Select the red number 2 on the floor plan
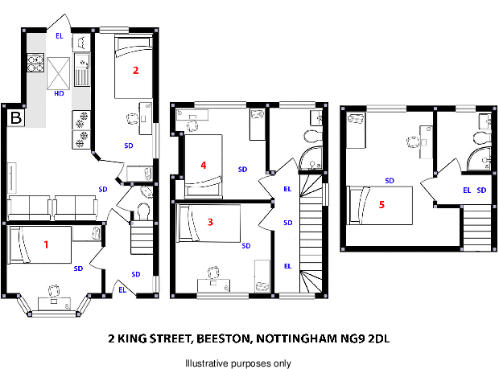click(x=136, y=71)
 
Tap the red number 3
click(x=210, y=222)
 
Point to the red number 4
click(x=204, y=166)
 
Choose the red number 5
click(x=381, y=204)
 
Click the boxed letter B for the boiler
click(x=15, y=119)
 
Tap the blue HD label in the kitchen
click(x=59, y=94)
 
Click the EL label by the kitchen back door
click(x=59, y=36)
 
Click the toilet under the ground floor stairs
click(x=142, y=211)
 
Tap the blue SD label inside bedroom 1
click(x=78, y=269)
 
